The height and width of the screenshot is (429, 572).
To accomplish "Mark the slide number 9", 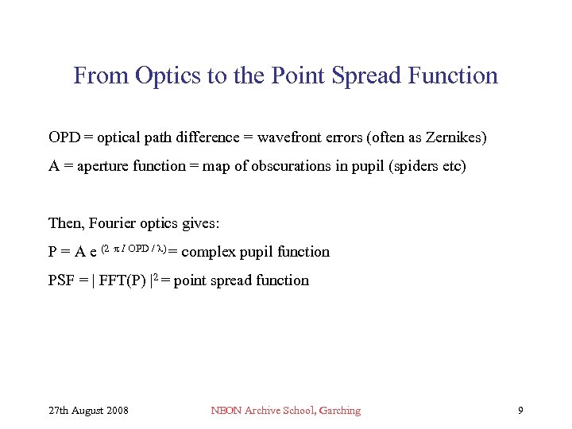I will coord(520,411).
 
